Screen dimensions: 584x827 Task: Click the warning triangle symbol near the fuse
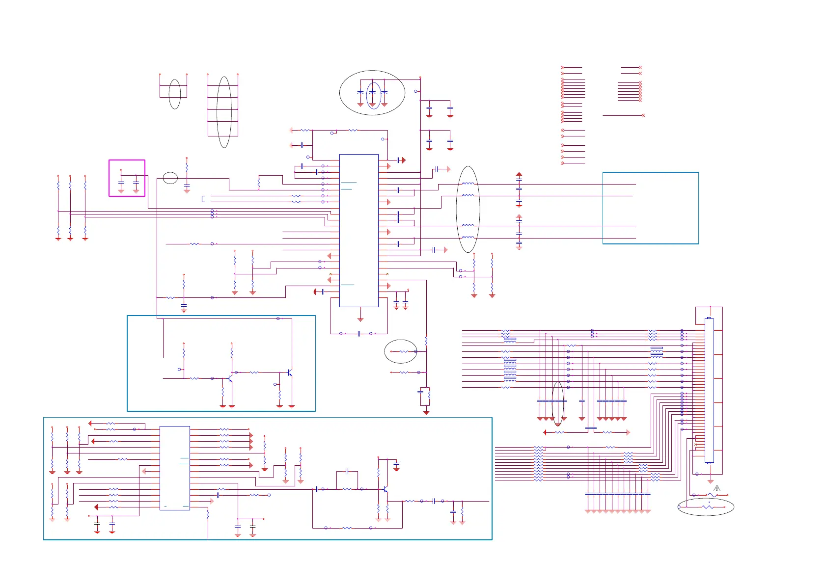717,488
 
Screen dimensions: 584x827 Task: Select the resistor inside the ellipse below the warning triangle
708,507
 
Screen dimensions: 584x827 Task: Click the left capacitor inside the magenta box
121,183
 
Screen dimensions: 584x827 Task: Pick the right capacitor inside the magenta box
136,183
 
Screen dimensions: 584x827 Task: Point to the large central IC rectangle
359,230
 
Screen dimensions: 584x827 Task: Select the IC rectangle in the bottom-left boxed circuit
174,468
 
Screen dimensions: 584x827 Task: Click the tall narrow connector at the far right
709,390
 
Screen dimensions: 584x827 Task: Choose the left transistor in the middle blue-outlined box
230,379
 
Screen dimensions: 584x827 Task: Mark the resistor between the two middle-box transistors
254,372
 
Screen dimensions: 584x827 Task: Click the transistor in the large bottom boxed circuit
386,489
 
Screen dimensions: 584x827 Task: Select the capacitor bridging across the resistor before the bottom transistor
347,471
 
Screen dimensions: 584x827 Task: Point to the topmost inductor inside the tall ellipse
469,184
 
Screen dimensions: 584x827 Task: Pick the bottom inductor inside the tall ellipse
469,238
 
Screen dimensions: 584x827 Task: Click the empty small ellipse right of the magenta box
170,178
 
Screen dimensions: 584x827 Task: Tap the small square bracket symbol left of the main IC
203,199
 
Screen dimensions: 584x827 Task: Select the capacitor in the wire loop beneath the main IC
359,333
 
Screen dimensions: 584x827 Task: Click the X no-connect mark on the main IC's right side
387,273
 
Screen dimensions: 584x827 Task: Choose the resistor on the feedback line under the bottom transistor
347,528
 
